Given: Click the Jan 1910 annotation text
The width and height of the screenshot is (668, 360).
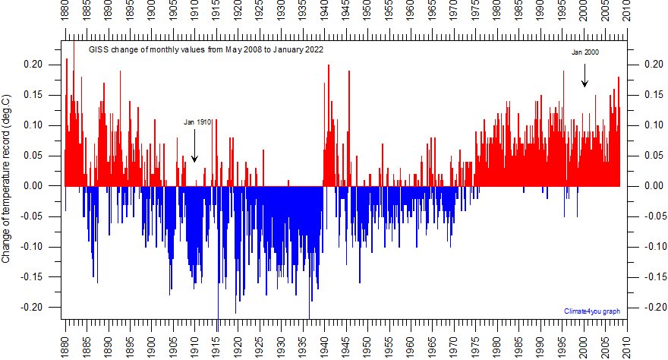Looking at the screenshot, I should [197, 122].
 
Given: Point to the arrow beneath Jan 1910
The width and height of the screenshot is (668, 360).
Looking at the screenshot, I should [194, 145].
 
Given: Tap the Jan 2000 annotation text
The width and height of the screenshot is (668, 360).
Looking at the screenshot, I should [584, 52].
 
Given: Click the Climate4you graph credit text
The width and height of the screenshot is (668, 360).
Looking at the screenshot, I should [593, 311].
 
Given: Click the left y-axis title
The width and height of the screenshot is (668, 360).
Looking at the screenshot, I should [7, 179].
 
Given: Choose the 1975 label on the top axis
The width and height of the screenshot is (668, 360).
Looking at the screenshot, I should [476, 14].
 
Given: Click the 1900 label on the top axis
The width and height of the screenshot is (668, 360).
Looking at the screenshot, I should [152, 14].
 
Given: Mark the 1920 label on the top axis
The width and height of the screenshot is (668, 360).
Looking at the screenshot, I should [238, 14].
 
